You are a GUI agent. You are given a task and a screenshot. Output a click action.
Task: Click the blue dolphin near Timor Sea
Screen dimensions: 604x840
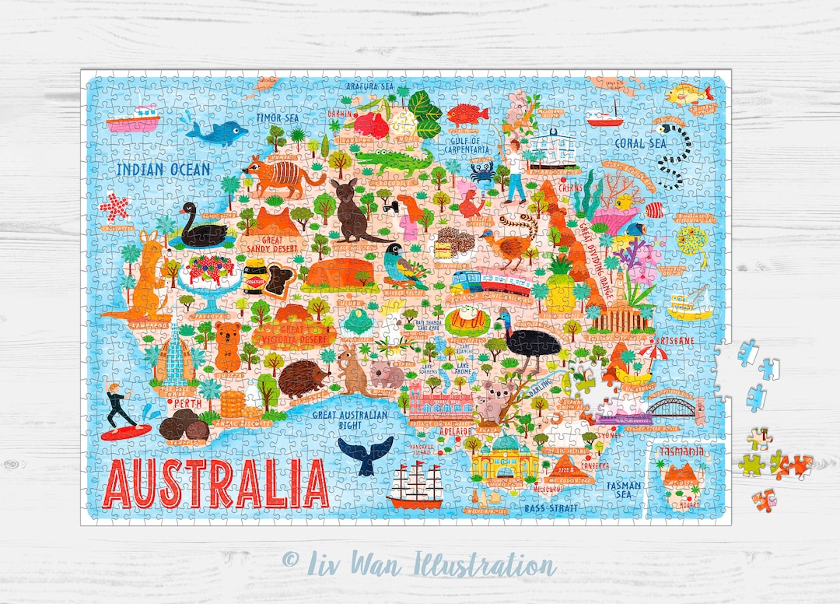pos(215,133)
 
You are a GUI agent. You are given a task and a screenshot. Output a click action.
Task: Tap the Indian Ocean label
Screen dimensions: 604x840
pos(163,169)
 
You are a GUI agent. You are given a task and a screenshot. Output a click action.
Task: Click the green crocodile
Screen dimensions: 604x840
pos(394,162)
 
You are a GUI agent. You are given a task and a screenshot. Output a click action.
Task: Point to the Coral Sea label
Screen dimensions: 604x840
pos(640,143)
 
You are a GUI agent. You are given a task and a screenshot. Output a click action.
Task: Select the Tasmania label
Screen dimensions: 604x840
pos(681,451)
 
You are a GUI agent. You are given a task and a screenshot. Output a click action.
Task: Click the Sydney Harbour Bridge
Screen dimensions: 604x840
pos(670,409)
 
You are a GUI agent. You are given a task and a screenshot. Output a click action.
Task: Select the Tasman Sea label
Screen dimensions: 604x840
pos(625,490)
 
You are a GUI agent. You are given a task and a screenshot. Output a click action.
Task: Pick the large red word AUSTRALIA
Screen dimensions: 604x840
pos(217,483)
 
